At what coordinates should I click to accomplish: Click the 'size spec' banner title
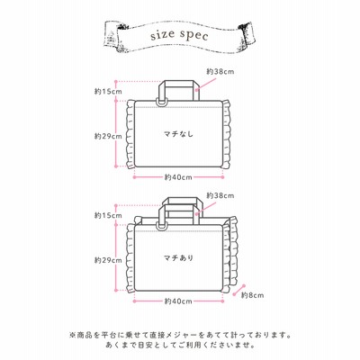179,35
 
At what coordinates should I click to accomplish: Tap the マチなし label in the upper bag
178,134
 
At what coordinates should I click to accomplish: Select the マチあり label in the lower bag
178,257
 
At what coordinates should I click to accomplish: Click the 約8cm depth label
253,295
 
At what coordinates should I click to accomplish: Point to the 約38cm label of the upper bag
220,71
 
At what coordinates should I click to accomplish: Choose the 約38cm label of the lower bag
220,195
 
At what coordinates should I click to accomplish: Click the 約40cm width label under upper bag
178,177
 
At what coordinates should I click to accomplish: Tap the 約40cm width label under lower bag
178,301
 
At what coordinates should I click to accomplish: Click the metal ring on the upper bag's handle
161,102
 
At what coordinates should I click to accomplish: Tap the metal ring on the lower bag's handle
161,226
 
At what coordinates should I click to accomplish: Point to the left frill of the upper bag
130,134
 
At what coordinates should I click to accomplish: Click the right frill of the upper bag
227,134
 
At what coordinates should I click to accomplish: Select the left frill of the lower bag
130,258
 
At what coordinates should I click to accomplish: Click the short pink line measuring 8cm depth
240,290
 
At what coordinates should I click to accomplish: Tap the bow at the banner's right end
247,33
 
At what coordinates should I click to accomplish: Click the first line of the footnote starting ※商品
180,334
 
